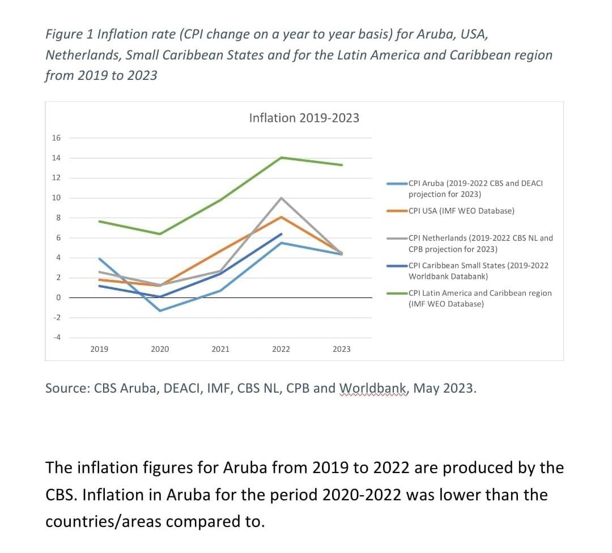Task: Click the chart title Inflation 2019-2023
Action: pyautogui.click(x=304, y=118)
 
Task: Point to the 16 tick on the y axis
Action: pyautogui.click(x=56, y=138)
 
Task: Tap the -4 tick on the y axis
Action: pyautogui.click(x=56, y=338)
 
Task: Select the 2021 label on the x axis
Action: pyautogui.click(x=220, y=349)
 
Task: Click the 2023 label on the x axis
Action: pyautogui.click(x=342, y=349)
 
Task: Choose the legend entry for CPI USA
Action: pyautogui.click(x=461, y=211)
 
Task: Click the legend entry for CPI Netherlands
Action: pyautogui.click(x=480, y=243)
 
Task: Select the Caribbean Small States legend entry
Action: pyautogui.click(x=478, y=271)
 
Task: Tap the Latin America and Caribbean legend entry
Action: pyautogui.click(x=479, y=298)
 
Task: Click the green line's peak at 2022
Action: pyautogui.click(x=281, y=157)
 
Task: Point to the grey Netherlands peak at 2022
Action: pyautogui.click(x=281, y=198)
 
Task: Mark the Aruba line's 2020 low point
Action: pyautogui.click(x=160, y=310)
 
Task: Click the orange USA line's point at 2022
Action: pyautogui.click(x=281, y=217)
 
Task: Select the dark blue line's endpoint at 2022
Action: pyautogui.click(x=281, y=233)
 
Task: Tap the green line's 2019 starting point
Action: pyautogui.click(x=100, y=221)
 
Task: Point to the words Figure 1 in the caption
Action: pyautogui.click(x=69, y=33)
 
